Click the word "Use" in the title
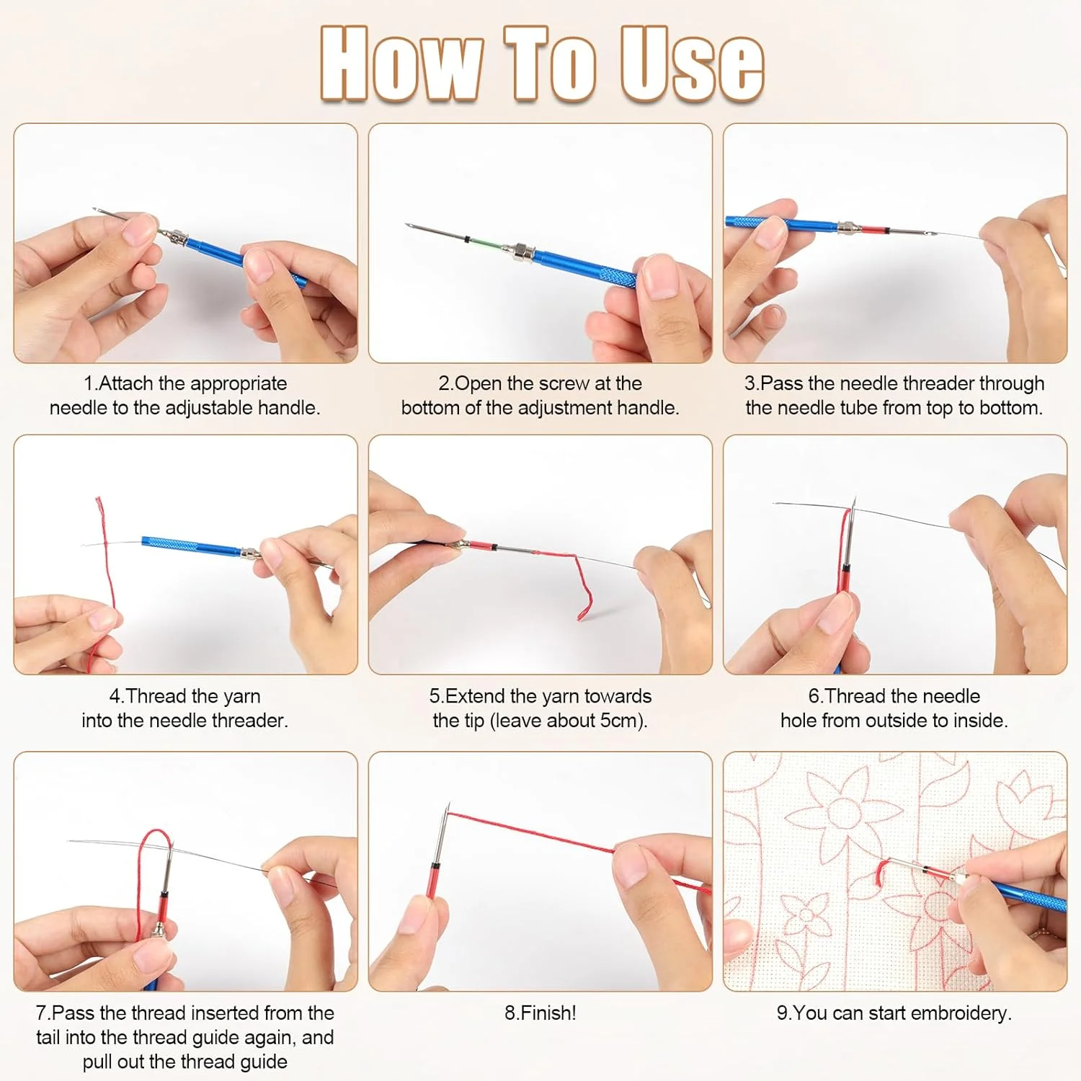pos(692,63)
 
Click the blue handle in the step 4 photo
pos(191,546)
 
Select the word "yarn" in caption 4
pos(242,697)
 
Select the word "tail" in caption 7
pos(49,1038)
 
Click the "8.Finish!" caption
pos(540,1013)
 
